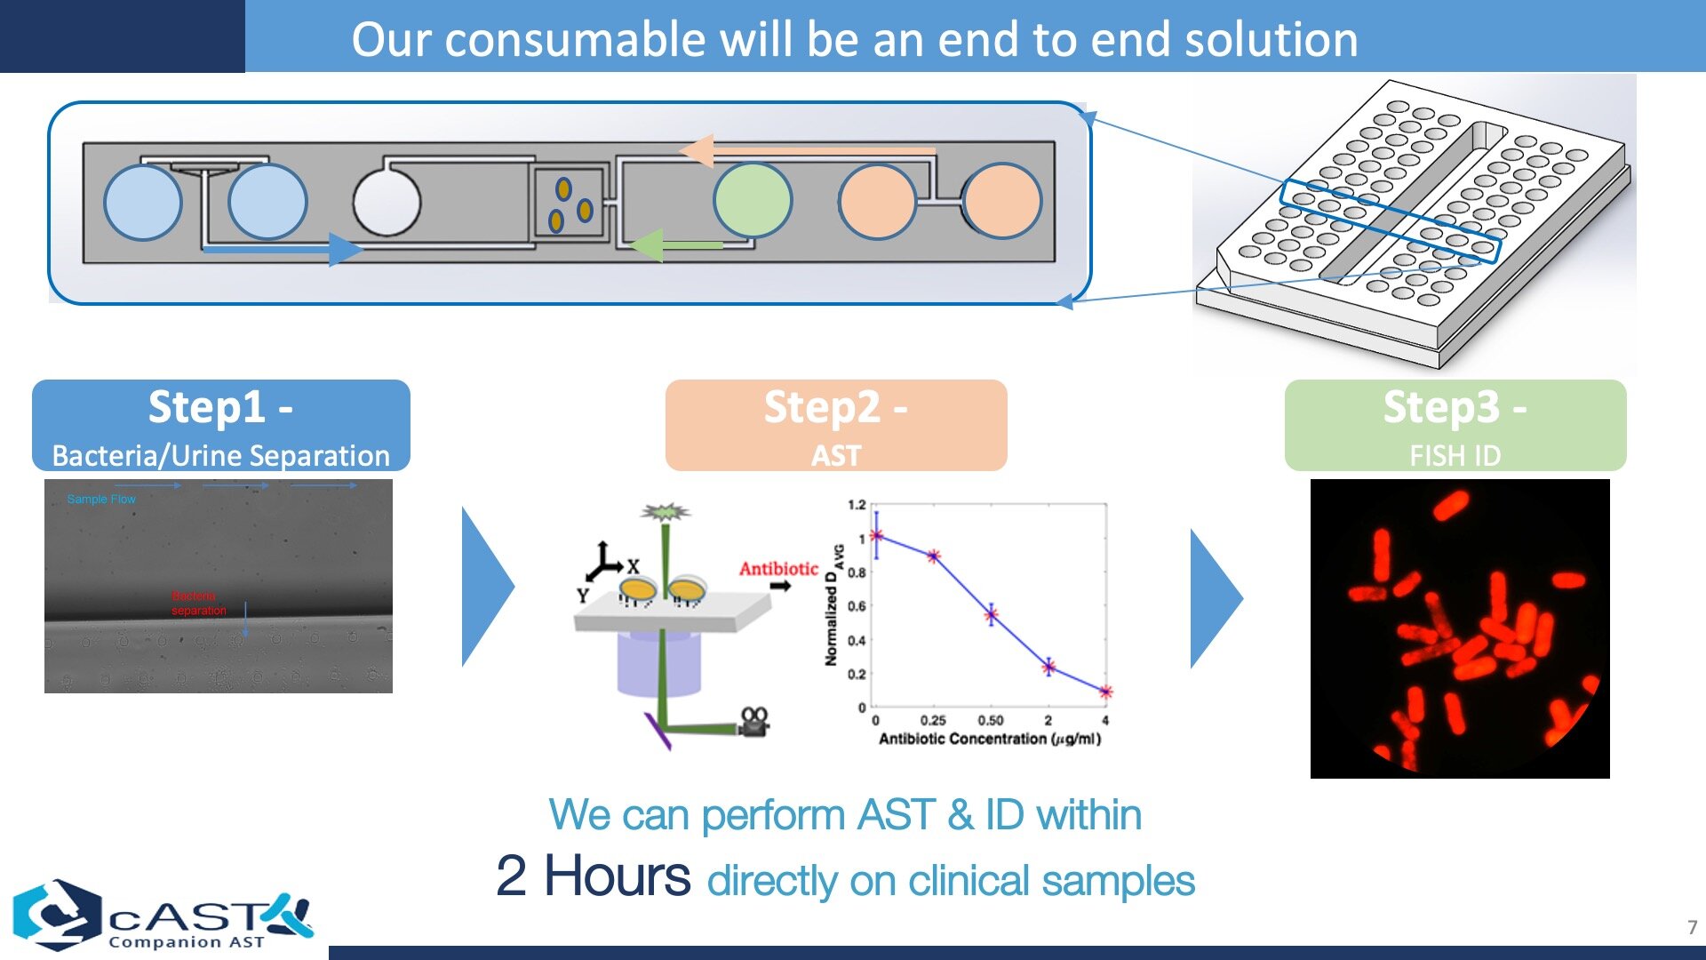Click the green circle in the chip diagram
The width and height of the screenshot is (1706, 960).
(x=752, y=200)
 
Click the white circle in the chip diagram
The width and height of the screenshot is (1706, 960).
(x=387, y=202)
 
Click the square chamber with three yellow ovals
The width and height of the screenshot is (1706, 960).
(x=567, y=203)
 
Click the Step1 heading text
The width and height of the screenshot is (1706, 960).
(x=220, y=407)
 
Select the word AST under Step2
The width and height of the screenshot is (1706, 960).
(x=835, y=455)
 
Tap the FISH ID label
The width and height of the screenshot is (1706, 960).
(x=1455, y=455)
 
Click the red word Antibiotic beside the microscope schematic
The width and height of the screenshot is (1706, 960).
(x=778, y=569)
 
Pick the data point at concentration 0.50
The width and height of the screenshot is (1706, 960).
(x=991, y=614)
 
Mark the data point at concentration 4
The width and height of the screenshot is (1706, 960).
(x=1105, y=692)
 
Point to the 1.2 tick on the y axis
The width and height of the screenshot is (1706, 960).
(x=856, y=505)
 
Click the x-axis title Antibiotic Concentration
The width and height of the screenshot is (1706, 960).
(x=989, y=739)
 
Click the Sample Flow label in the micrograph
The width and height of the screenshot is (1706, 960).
(x=101, y=500)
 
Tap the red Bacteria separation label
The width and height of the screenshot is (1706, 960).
(x=198, y=603)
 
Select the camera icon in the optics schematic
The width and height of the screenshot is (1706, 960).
(x=753, y=722)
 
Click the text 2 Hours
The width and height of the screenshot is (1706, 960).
(x=593, y=876)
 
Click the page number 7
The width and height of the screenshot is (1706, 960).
(x=1692, y=927)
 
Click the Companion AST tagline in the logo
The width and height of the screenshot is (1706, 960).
(x=187, y=942)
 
